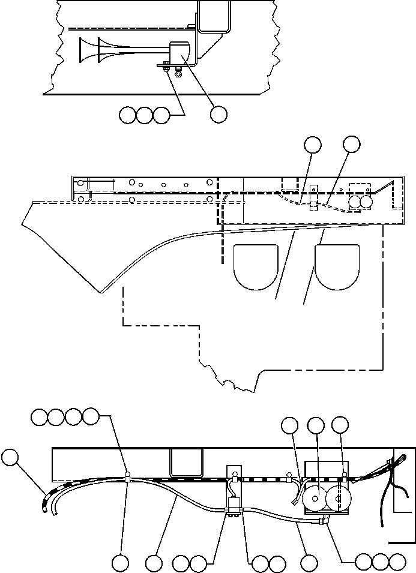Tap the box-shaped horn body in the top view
coord(181,53)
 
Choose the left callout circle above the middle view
coord(312,144)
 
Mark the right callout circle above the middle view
coord(351,144)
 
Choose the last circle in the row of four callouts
coord(91,416)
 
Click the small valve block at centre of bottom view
coord(233,503)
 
